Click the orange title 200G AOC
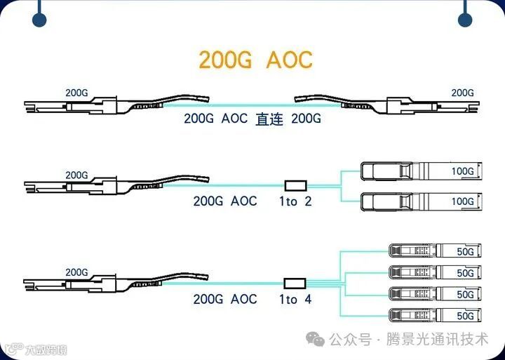tap(255, 60)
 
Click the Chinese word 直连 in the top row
tap(269, 119)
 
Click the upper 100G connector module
tap(419, 171)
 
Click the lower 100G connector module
tap(419, 201)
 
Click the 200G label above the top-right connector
tap(462, 93)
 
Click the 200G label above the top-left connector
tap(76, 93)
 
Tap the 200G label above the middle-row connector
tap(76, 175)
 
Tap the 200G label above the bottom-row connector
tap(76, 272)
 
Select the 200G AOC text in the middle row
tap(225, 201)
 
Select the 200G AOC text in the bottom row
tap(225, 300)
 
